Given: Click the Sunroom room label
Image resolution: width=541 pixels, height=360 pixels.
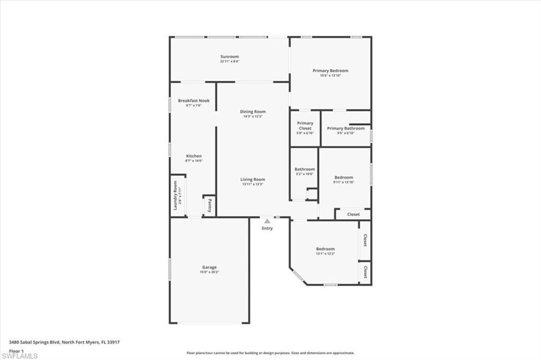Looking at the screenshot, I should point(229,56).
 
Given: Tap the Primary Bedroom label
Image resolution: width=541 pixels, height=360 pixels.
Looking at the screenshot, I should point(330,71).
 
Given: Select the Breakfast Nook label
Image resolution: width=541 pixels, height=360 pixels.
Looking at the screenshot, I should point(193,100).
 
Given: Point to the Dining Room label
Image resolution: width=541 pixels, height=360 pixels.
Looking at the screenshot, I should point(253,111).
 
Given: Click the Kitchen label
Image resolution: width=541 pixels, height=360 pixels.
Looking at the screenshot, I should point(193,156).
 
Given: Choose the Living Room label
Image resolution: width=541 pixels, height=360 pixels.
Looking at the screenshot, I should point(253,179).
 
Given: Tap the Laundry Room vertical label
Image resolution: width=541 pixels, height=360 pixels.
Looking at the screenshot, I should point(175,195).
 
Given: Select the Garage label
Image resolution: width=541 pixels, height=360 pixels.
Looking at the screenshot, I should point(209,267).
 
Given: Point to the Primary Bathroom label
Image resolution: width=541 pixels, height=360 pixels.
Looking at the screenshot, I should point(346,128).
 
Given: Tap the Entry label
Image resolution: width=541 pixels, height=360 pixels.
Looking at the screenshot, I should point(267,228).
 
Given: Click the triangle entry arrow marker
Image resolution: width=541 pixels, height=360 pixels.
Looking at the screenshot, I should point(267,221).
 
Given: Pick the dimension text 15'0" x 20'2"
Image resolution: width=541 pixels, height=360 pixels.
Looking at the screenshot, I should point(209,272).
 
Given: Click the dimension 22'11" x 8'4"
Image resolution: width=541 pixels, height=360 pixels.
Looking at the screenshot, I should point(229,61).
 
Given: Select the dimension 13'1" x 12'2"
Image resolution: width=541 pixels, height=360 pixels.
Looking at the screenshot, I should point(325,254).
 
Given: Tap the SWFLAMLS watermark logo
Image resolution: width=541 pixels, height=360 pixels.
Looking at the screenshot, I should point(19,355).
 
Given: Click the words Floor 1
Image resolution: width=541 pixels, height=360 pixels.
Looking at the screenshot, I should point(16,350).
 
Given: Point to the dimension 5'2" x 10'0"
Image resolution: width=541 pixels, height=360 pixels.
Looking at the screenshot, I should point(304,174).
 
